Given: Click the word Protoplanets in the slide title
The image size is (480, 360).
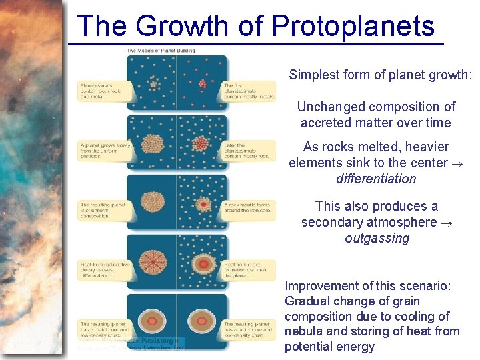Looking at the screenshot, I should [353, 27].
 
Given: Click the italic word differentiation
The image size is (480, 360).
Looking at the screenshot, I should [376, 179].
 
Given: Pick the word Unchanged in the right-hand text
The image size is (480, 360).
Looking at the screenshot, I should [330, 107].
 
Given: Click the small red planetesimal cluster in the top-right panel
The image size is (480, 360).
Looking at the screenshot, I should [203, 84].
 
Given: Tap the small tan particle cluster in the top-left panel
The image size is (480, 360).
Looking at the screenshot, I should [153, 84].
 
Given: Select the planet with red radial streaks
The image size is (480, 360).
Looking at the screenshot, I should [153, 259].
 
